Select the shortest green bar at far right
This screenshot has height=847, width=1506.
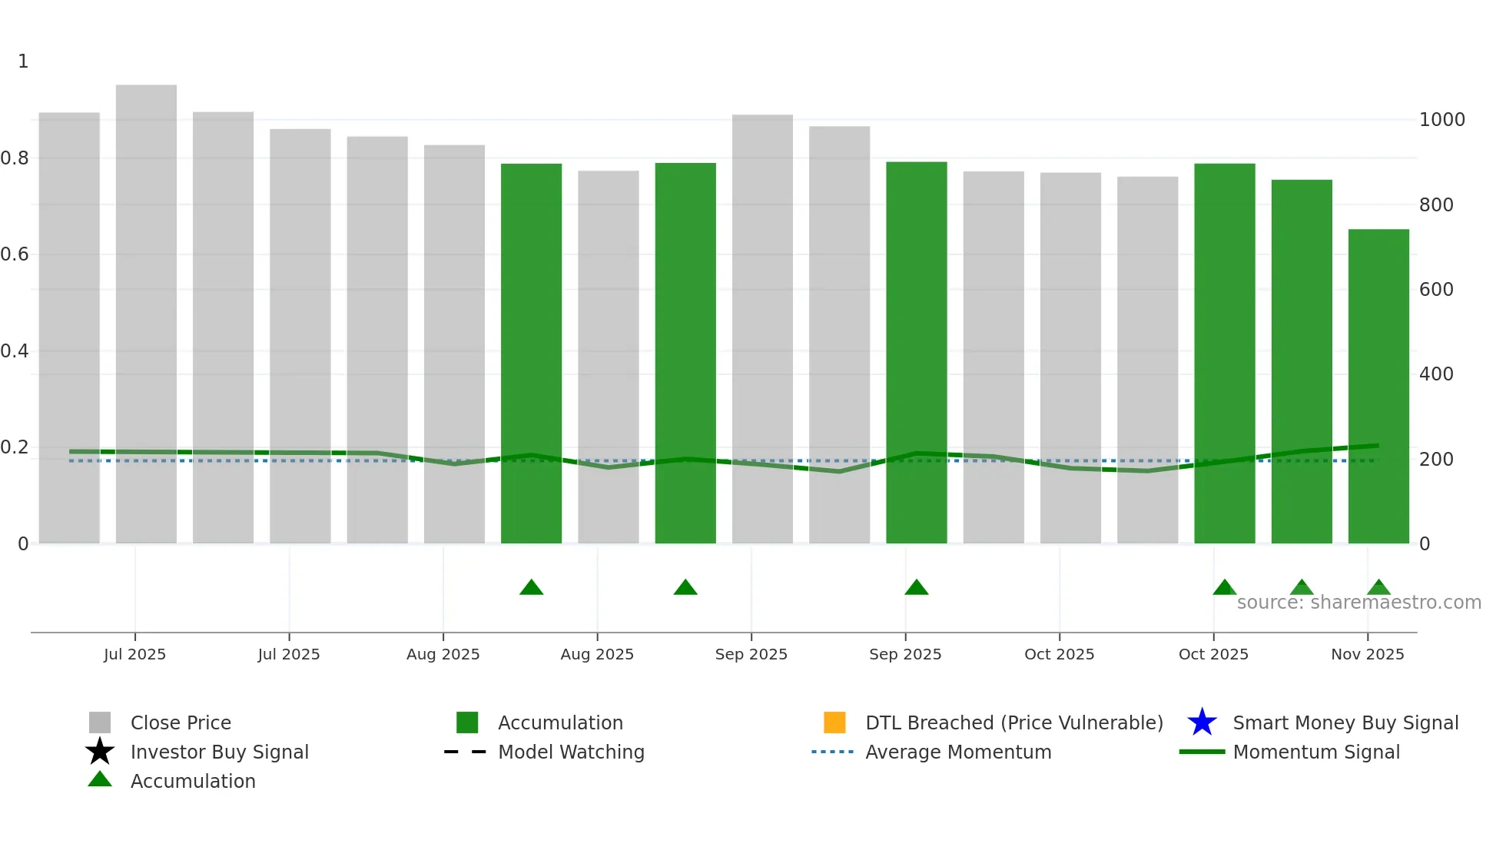(1378, 384)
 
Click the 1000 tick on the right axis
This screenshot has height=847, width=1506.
(1441, 120)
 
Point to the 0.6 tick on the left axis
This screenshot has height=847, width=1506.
(15, 254)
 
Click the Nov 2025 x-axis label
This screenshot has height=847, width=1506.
(1367, 654)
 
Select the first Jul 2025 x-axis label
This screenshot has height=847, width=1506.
(134, 654)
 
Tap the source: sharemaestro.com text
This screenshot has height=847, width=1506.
(1358, 603)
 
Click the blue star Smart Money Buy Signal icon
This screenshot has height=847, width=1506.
(1202, 722)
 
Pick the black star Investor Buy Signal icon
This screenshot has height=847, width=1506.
(100, 752)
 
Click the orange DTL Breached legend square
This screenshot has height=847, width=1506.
(834, 722)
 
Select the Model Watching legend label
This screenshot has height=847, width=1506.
(571, 752)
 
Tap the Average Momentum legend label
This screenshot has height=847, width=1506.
(958, 752)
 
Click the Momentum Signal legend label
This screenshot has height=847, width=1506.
(1316, 752)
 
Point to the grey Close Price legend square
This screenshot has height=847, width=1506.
(100, 722)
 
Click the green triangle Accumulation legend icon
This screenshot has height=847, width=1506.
(100, 780)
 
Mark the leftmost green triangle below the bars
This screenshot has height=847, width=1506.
(531, 588)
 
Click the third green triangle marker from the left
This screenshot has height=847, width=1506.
(916, 588)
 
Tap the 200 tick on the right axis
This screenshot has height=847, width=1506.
(1436, 460)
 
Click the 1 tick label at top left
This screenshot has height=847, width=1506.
(23, 61)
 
